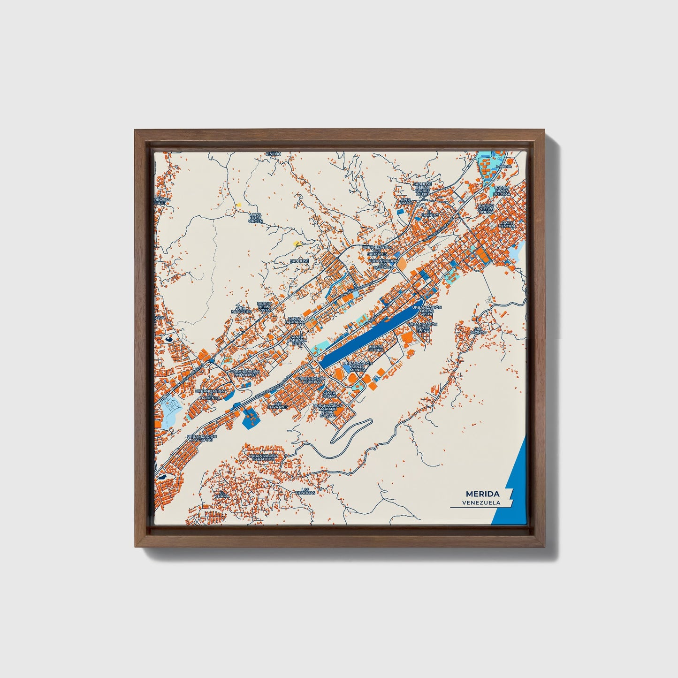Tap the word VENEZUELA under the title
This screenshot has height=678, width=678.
click(x=481, y=503)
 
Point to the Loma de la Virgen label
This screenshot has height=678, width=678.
click(x=255, y=218)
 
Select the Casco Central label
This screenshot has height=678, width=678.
click(x=506, y=224)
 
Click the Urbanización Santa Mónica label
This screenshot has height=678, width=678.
click(x=358, y=366)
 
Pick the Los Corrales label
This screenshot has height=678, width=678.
click(x=278, y=404)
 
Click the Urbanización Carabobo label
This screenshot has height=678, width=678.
click(x=264, y=457)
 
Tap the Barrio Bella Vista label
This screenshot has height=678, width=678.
click(x=265, y=307)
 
